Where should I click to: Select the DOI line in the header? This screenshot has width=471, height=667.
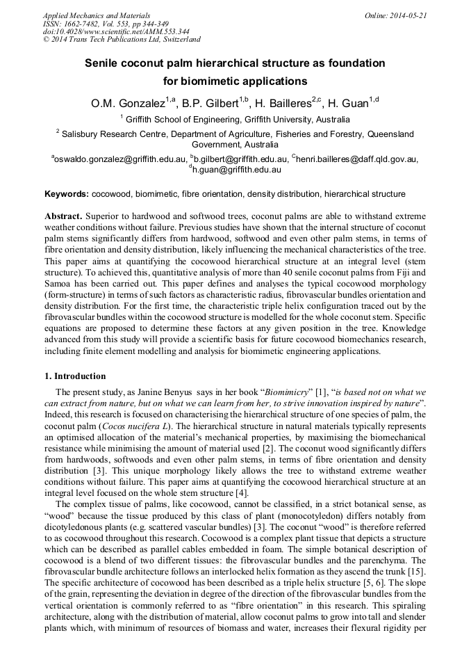click(116, 31)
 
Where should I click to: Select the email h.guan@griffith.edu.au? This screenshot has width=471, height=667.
click(236, 169)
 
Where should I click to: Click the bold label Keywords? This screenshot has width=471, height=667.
click(67, 194)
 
